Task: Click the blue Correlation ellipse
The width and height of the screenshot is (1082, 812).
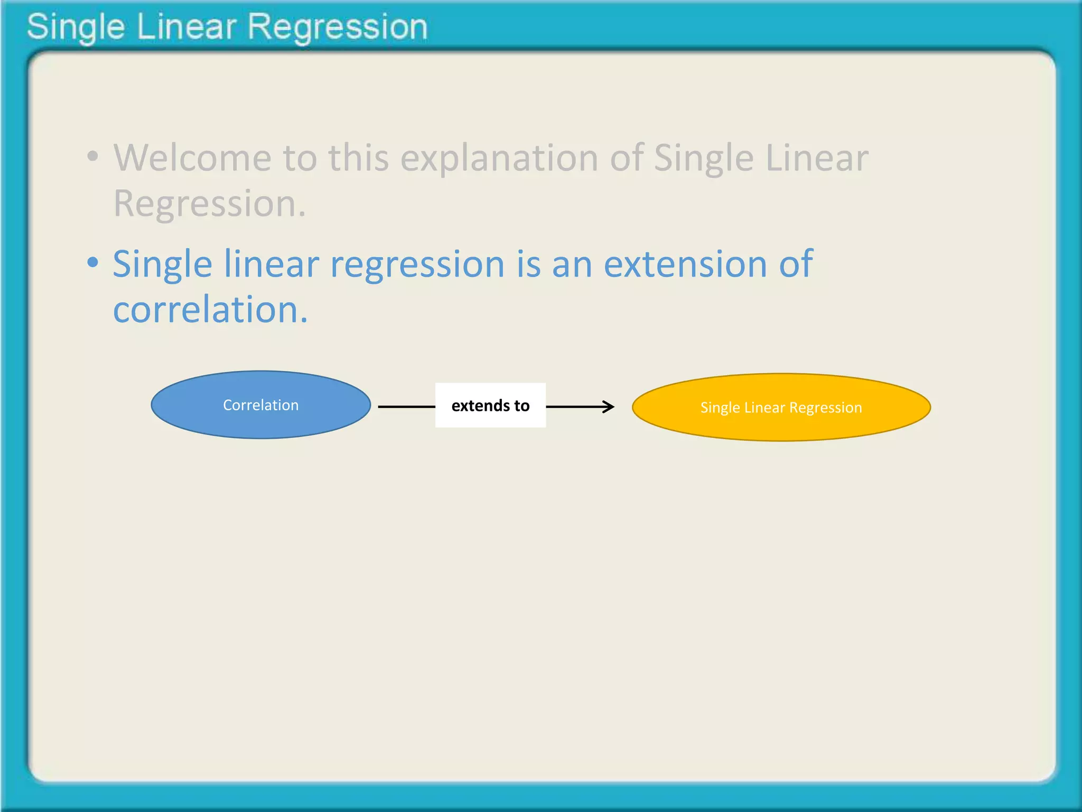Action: click(x=260, y=405)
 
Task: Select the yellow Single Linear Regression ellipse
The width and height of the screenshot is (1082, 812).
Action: click(x=781, y=407)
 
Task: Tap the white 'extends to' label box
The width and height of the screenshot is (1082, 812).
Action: click(x=490, y=405)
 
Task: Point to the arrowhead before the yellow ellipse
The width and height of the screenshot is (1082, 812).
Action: click(x=609, y=407)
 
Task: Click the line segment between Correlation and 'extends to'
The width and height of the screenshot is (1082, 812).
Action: click(x=406, y=407)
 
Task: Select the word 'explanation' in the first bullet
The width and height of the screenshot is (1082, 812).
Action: click(x=499, y=159)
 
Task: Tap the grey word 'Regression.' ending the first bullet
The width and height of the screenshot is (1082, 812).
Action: click(x=210, y=204)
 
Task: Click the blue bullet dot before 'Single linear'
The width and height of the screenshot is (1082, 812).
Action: click(x=93, y=262)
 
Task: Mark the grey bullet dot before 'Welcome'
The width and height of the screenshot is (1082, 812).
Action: click(x=93, y=156)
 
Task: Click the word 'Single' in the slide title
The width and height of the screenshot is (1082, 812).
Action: click(x=76, y=27)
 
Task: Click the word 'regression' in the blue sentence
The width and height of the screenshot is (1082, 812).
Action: click(x=417, y=264)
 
